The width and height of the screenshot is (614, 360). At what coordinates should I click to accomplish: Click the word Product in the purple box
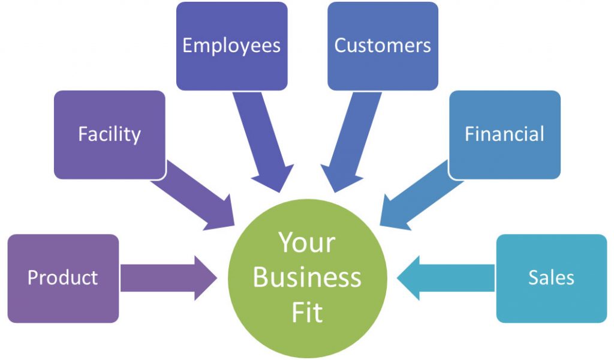point(62,278)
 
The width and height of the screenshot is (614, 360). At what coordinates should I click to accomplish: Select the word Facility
point(109,134)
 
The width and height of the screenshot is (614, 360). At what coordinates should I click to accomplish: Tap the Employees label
point(231,46)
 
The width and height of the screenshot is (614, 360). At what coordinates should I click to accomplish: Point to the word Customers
point(383,46)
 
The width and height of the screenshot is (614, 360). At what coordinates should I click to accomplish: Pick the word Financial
point(504,134)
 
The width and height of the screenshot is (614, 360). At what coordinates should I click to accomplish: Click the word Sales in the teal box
point(551,278)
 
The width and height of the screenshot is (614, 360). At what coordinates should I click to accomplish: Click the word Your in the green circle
point(306,243)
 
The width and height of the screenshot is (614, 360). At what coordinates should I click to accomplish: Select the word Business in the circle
point(307,277)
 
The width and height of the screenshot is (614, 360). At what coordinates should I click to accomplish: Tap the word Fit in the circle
point(307,312)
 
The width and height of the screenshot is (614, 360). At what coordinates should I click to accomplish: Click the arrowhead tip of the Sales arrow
point(399,278)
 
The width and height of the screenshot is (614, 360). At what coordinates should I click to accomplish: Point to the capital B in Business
point(261,277)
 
